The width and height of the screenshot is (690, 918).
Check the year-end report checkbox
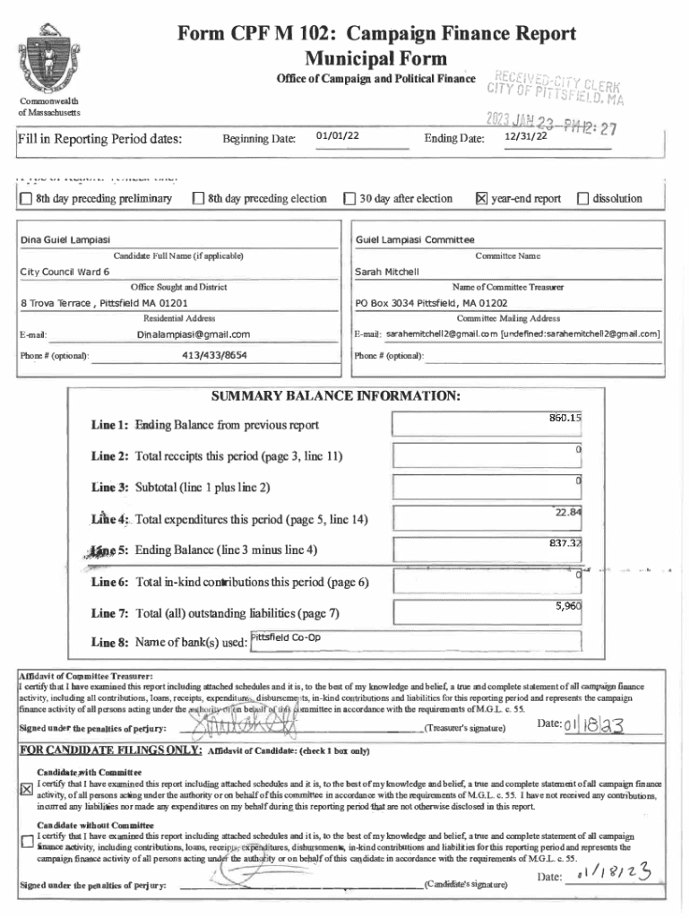tap(480, 198)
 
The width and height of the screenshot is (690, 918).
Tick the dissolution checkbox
tap(584, 198)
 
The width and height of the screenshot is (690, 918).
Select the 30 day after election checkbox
tap(350, 198)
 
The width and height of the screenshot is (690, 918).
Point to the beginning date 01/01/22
tap(338, 135)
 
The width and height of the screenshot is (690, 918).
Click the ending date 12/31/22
tap(524, 136)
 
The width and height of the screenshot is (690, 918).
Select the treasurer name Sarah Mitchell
tap(387, 271)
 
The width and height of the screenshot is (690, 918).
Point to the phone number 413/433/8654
tap(214, 355)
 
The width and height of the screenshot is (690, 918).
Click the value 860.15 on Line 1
tap(565, 418)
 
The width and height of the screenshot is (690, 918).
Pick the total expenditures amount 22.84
tap(568, 512)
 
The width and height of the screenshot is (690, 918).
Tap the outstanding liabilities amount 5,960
tap(568, 606)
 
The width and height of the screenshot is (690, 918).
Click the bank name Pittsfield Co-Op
tap(285, 637)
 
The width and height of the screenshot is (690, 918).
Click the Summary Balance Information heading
tap(335, 395)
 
